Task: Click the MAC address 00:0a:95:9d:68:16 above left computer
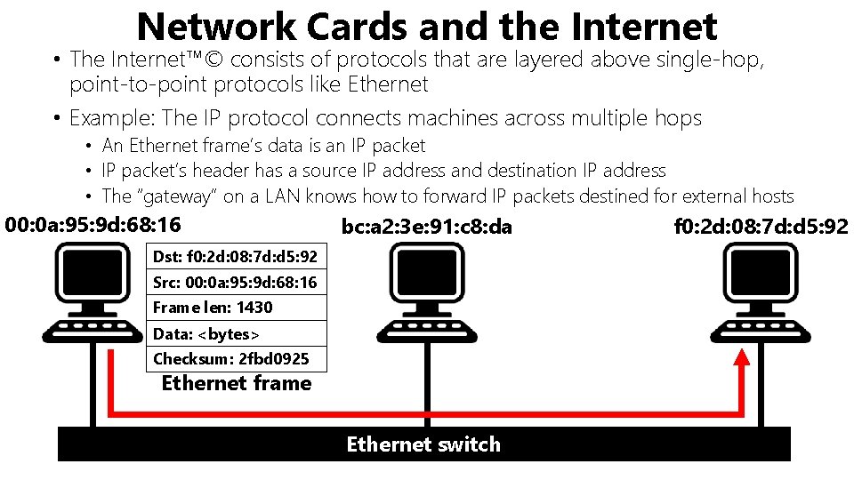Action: [93, 226]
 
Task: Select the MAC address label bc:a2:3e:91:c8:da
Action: [427, 228]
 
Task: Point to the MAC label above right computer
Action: [761, 228]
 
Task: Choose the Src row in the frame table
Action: [235, 284]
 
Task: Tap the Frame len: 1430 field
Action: [213, 308]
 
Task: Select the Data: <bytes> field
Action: [206, 334]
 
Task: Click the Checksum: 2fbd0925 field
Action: [231, 359]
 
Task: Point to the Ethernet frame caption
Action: [237, 384]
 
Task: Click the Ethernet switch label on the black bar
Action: [423, 444]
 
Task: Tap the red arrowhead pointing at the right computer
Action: [741, 357]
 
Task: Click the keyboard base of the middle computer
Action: [423, 331]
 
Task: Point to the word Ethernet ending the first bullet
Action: [389, 85]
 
